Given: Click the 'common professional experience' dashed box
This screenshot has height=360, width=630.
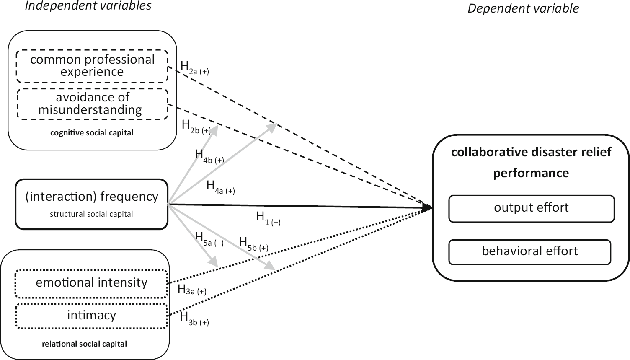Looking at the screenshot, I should (92, 66).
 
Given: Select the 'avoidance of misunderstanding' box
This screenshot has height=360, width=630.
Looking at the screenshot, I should (92, 104).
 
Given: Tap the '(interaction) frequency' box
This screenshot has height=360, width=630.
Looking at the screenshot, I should (92, 204).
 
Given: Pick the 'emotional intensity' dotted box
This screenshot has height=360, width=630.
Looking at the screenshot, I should (92, 283).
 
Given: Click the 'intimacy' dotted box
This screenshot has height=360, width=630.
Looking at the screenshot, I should (92, 316).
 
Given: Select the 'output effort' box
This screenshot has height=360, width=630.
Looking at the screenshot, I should (531, 208).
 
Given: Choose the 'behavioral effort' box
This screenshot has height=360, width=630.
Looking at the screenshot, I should (529, 251).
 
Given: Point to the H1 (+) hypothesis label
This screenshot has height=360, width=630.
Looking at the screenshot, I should (268, 218).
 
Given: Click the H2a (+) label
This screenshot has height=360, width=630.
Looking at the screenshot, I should (194, 68).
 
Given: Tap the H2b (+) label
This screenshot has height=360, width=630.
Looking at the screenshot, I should (196, 127).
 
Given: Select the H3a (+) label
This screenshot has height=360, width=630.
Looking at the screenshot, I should (192, 290).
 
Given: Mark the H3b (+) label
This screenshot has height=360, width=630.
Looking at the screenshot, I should (194, 319).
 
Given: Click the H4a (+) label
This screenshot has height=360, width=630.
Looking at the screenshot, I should (220, 188).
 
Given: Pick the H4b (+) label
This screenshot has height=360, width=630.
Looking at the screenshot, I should (209, 157).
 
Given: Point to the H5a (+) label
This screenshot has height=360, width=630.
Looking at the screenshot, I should (209, 239).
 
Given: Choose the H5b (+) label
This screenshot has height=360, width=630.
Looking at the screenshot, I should (253, 244).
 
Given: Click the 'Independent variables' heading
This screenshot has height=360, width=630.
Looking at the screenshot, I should (88, 6).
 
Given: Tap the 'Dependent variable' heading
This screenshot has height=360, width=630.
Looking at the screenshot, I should (523, 8).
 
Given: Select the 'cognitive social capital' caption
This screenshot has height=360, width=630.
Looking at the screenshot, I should (92, 133).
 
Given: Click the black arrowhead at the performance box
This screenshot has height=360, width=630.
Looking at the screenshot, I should (427, 207).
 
